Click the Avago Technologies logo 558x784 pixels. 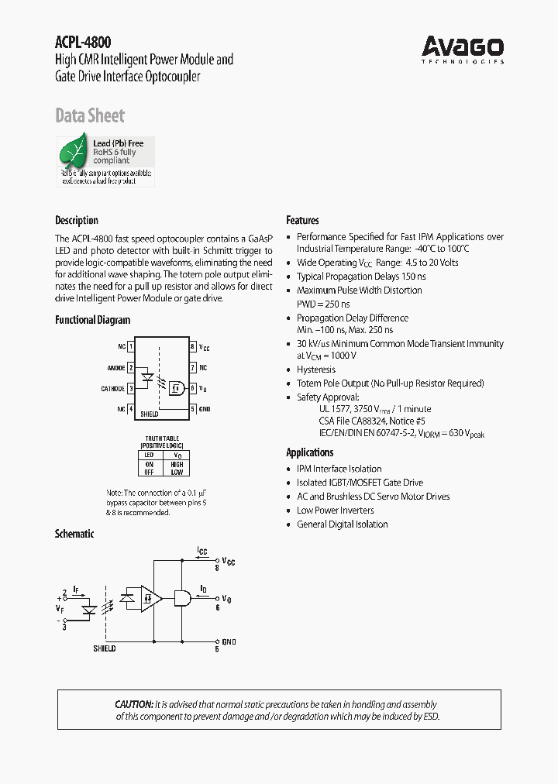pyautogui.click(x=463, y=50)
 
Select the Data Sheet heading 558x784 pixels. pyautogui.click(x=90, y=115)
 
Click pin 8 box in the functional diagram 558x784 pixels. pyautogui.click(x=192, y=347)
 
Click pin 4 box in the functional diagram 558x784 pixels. pyautogui.click(x=131, y=408)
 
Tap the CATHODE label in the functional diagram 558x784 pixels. pyautogui.click(x=112, y=388)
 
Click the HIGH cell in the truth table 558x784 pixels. pyautogui.click(x=177, y=464)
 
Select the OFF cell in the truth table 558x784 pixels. pyautogui.click(x=150, y=472)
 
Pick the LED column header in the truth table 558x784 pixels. pyautogui.click(x=150, y=455)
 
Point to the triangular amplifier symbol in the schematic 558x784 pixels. pyautogui.click(x=152, y=598)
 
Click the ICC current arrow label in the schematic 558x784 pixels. pyautogui.click(x=202, y=551)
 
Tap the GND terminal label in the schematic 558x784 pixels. pyautogui.click(x=229, y=641)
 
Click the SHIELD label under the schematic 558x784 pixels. pyautogui.click(x=104, y=648)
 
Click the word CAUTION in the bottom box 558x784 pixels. pyautogui.click(x=133, y=704)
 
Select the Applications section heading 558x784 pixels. pyautogui.click(x=310, y=452)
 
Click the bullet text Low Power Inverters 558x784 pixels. pyautogui.click(x=335, y=511)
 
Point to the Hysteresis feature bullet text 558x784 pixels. pyautogui.click(x=316, y=370)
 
